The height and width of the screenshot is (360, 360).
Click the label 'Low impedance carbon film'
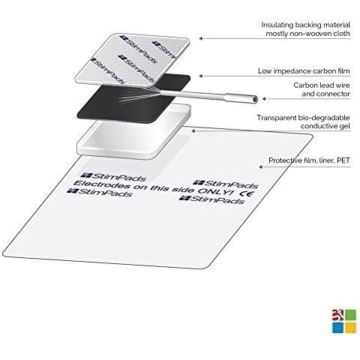(x=304, y=71)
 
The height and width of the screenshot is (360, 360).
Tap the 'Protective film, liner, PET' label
(x=309, y=160)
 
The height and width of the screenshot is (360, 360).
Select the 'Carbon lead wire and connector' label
(x=322, y=89)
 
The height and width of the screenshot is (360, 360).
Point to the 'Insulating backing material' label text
(x=306, y=25)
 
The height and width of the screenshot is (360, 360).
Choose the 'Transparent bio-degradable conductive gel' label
(x=304, y=121)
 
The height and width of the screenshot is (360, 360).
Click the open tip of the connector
(x=255, y=99)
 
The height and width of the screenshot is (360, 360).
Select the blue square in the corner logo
(x=337, y=328)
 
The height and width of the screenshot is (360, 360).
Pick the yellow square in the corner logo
(x=350, y=328)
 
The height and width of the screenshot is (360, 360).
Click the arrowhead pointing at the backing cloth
(x=201, y=38)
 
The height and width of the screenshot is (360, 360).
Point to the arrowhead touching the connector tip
(x=264, y=99)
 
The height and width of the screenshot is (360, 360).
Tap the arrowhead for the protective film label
(x=260, y=166)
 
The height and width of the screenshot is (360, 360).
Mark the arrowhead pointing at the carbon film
(x=201, y=76)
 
